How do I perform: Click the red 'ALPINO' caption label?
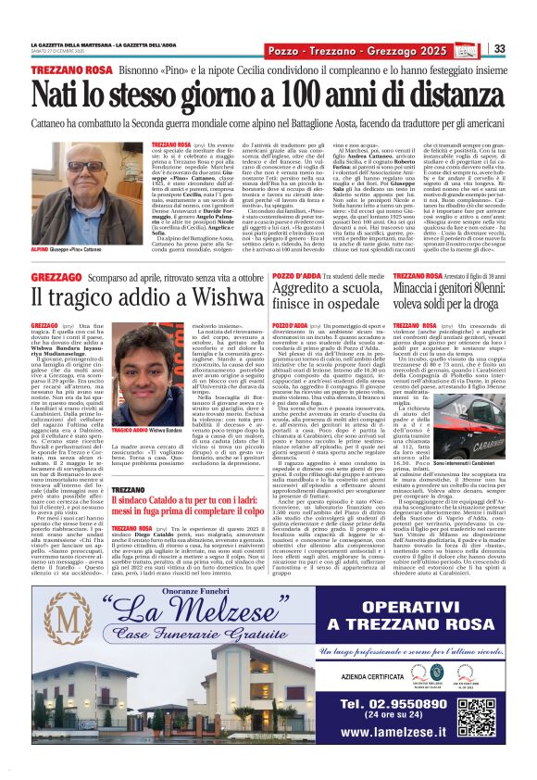[x=41, y=248]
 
